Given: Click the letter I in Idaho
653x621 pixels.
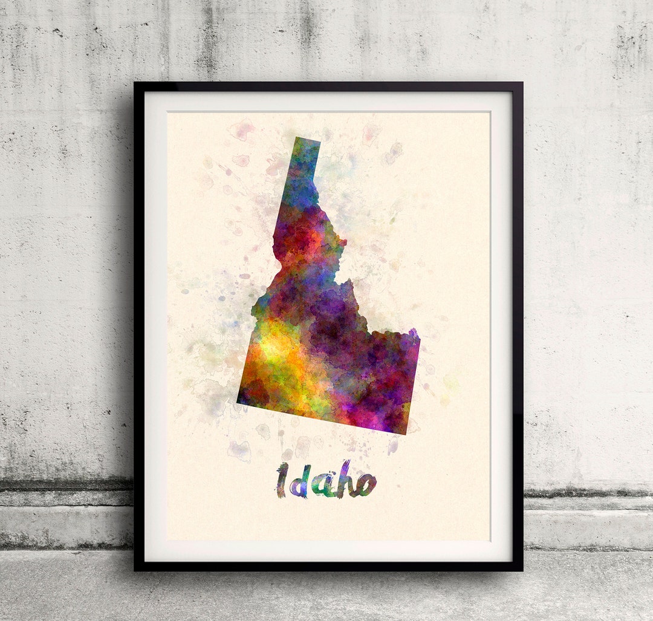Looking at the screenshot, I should tap(281, 480).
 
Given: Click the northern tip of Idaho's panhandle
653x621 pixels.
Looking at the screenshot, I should tap(308, 141).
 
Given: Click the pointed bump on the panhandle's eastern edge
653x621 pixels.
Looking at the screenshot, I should tap(345, 244).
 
